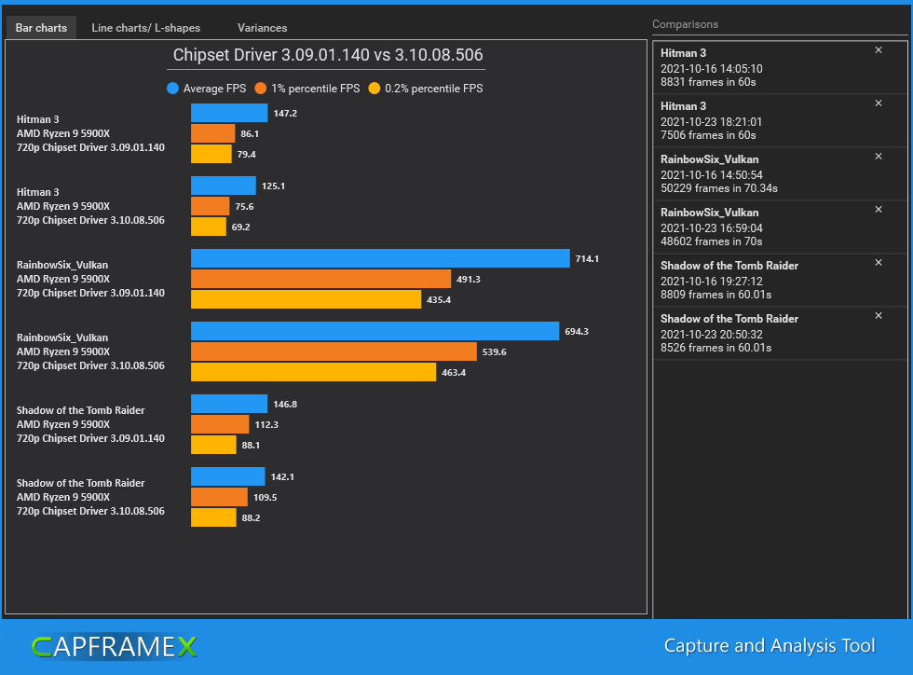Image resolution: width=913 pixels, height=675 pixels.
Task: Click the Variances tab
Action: tap(262, 28)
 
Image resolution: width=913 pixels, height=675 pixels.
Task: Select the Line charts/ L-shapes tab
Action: tap(145, 28)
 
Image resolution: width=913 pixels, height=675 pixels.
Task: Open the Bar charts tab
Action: tap(41, 28)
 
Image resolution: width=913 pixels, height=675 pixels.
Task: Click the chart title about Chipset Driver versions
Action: tap(328, 56)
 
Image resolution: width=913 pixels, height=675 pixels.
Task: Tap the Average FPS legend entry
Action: tap(207, 89)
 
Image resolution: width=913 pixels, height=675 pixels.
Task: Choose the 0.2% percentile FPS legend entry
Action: tap(426, 89)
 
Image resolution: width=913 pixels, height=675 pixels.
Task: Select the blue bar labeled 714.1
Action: tap(380, 258)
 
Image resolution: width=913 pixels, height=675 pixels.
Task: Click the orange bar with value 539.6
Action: tap(334, 351)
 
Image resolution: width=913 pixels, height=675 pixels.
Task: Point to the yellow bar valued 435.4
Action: tap(306, 299)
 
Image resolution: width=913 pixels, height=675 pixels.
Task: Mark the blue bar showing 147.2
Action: tap(229, 113)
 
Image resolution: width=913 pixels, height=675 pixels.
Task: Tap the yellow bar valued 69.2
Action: tap(209, 227)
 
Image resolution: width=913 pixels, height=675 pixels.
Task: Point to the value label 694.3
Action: tap(576, 331)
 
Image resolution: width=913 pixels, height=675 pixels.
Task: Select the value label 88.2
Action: tap(251, 517)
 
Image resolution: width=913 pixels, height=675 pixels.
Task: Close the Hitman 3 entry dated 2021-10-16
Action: tap(879, 50)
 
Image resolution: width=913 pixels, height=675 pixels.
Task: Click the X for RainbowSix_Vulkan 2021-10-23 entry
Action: tap(879, 210)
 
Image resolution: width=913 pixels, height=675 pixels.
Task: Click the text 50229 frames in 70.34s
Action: tap(719, 188)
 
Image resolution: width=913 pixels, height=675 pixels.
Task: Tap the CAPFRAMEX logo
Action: tap(114, 646)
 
